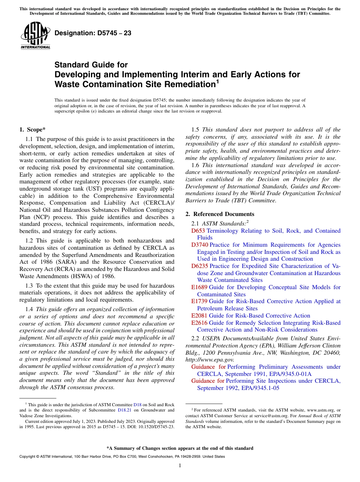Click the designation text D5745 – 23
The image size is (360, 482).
tap(93, 33)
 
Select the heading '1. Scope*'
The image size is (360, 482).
tap(33, 130)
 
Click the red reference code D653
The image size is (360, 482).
tap(198, 231)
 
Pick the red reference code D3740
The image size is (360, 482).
tap(200, 245)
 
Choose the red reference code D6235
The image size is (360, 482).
tap(200, 266)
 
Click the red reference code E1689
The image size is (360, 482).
tap(199, 287)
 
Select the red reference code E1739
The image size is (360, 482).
tap(199, 301)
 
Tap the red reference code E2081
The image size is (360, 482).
tap(199, 316)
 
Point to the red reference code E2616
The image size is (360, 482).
tap(199, 323)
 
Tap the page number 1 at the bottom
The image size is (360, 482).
tap(180, 466)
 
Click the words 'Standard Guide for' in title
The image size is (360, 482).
tap(91, 65)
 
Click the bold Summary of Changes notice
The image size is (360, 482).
tap(180, 448)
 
